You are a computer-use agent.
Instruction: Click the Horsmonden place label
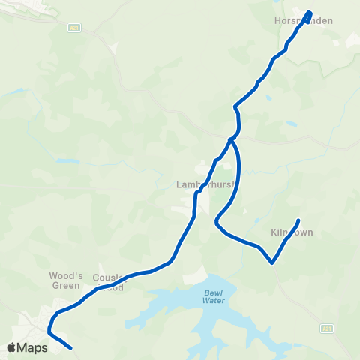[303, 21]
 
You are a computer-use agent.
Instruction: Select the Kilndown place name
[292, 232]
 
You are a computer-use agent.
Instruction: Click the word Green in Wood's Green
[65, 285]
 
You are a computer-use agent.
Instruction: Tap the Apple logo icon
[11, 347]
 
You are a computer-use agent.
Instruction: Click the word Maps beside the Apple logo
[33, 347]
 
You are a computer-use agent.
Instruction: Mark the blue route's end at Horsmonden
[309, 12]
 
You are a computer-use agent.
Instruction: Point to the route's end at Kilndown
[298, 220]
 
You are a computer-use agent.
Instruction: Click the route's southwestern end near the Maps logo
[70, 348]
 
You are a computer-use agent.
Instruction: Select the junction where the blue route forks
[231, 139]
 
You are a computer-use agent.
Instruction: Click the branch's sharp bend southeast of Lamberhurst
[216, 223]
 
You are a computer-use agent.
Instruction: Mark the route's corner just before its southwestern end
[49, 330]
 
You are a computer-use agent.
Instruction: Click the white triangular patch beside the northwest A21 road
[113, 47]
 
